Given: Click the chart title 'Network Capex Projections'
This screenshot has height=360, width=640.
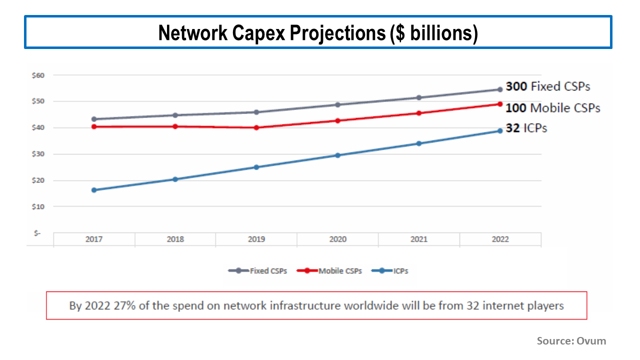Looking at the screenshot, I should click(318, 33).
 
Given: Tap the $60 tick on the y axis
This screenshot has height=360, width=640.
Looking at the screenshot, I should click(38, 75).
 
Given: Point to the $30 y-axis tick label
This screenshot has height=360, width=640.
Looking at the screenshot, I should click(38, 154).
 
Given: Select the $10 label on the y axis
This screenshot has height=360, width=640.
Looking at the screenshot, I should click(38, 206).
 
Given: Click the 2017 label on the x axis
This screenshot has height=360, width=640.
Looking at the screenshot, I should click(94, 239).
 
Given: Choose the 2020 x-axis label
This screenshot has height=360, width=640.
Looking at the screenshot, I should click(337, 239).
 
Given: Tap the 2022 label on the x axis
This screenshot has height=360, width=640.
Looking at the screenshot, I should click(500, 239).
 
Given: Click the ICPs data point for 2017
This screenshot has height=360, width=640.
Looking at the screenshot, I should click(94, 190).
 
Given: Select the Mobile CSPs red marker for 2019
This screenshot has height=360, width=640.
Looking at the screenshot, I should click(256, 127).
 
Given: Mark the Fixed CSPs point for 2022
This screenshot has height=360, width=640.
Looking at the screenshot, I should click(499, 89).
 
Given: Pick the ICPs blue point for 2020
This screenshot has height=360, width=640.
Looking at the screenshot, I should click(337, 155).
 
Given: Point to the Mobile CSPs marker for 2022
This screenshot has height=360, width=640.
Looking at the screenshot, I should click(499, 104).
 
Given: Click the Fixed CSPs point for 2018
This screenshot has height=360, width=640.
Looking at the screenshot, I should click(175, 115).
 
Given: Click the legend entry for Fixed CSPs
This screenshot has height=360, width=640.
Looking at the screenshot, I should click(257, 271).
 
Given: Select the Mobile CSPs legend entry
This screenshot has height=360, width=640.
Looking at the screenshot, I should click(329, 271).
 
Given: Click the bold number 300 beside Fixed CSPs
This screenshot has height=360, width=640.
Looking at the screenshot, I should click(516, 86).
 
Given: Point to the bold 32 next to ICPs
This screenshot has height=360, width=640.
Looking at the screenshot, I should click(512, 128).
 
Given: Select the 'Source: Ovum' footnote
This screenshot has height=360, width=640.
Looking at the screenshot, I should click(571, 341).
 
